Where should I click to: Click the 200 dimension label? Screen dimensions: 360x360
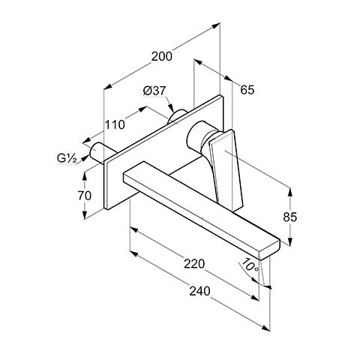[x=162, y=56]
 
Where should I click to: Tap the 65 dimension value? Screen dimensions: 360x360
[x=247, y=90]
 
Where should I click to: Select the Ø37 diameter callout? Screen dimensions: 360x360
[x=154, y=91]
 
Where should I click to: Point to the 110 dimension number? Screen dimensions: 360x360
[x=115, y=124]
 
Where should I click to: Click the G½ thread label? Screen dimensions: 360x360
[x=67, y=158]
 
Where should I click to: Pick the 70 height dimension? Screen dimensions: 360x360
[x=85, y=196]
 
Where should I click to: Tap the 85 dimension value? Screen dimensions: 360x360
[x=290, y=217]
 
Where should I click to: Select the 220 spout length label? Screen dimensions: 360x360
[x=194, y=264]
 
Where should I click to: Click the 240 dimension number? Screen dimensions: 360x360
[x=199, y=291]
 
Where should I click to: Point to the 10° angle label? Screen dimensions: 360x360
[x=250, y=265]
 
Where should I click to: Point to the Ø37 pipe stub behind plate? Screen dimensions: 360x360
[x=177, y=115]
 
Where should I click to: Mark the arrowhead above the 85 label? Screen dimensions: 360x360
[x=290, y=192]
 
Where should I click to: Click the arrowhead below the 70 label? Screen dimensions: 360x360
[x=85, y=214]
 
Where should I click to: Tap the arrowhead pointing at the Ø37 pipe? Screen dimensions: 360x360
[x=171, y=108]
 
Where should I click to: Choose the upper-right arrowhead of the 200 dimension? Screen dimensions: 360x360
[x=216, y=25]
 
